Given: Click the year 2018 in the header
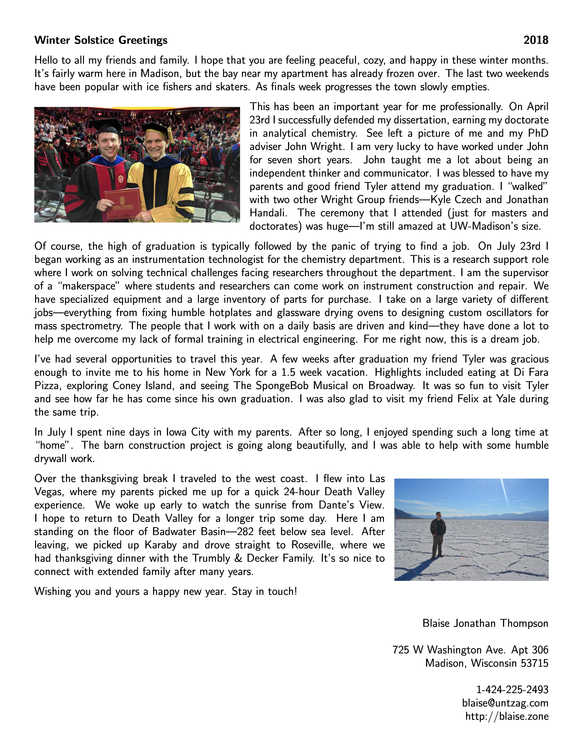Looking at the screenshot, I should tap(536, 40).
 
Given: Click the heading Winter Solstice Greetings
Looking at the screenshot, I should tap(101, 40).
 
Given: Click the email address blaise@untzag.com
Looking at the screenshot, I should tap(505, 703).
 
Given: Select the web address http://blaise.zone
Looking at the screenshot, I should tap(507, 716).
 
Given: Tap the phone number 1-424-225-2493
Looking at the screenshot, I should tap(512, 690).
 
